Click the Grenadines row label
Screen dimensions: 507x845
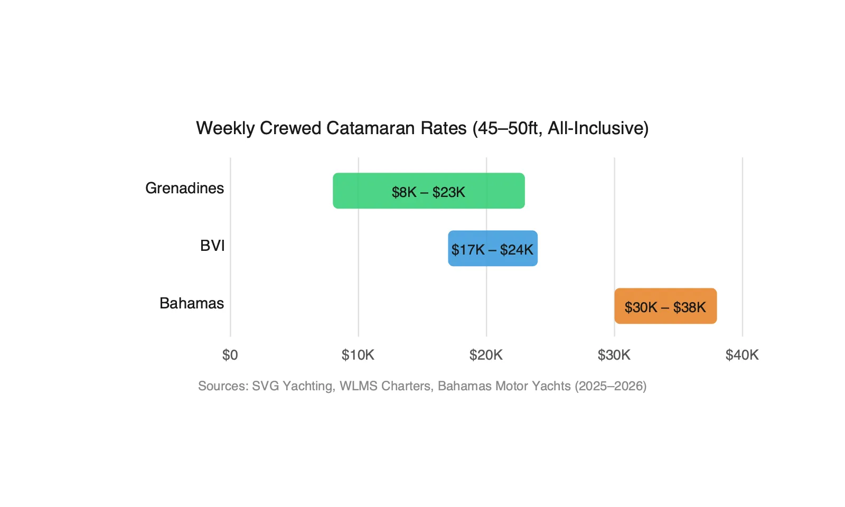coord(184,188)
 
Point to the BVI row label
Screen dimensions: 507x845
coord(212,246)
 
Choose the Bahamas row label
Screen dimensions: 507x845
coord(192,303)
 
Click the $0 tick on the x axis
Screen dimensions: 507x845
coord(230,355)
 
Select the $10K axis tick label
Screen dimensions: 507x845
coord(358,355)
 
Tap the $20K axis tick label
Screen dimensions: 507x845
coord(486,355)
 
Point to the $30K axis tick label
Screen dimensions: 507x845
coord(614,355)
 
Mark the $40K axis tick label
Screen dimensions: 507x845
coord(742,355)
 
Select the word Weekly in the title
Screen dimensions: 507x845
coord(226,128)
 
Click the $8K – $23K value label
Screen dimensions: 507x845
coord(428,192)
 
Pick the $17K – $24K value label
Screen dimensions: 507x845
coord(493,250)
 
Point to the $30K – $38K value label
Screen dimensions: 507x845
coord(665,307)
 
